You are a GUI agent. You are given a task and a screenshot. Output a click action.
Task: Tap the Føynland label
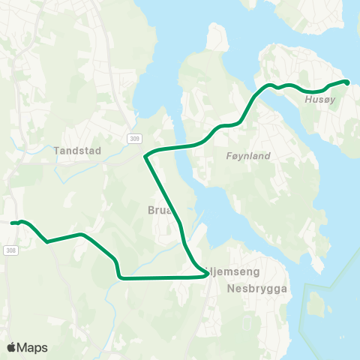pos(247,156)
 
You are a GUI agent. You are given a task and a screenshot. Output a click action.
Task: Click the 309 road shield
pos(133,139)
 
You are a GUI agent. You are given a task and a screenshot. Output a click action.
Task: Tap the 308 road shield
pos(10,250)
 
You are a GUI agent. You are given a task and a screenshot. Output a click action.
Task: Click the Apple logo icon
pos(11,347)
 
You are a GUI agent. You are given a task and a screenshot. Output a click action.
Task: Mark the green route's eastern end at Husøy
pos(346,82)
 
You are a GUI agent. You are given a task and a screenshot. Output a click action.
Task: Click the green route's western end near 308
pos(13,223)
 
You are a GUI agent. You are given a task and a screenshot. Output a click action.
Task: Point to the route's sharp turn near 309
pos(145,156)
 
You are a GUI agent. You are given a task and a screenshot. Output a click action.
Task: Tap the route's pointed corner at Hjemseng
pos(206,275)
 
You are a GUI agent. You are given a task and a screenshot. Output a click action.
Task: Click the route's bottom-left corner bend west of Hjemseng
pos(120,277)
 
